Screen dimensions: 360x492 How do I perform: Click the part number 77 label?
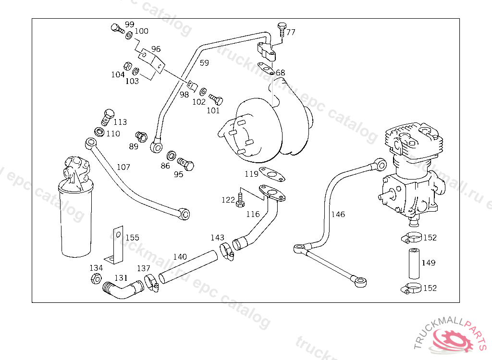(291, 33)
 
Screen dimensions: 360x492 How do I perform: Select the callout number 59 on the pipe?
(205, 63)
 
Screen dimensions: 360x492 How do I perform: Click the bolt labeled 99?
(116, 28)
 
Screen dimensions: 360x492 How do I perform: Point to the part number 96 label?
(156, 49)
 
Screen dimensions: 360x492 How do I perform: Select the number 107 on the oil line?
(123, 167)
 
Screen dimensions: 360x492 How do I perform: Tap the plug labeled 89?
(142, 136)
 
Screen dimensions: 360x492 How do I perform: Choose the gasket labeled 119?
(272, 175)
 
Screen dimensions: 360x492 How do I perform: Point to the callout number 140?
(180, 257)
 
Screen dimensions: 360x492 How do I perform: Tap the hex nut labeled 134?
(95, 279)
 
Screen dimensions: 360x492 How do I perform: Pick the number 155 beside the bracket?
(132, 238)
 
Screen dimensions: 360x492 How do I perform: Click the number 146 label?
(338, 214)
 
